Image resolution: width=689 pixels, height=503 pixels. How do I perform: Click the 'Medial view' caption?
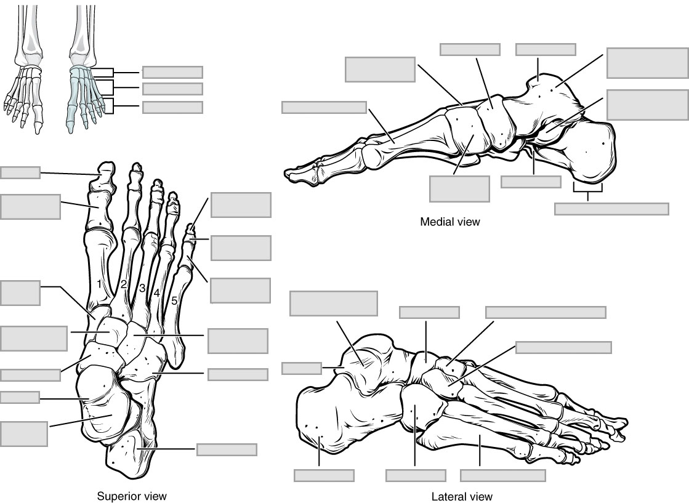pyautogui.click(x=449, y=222)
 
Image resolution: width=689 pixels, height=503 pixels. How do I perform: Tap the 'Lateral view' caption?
pyautogui.click(x=463, y=496)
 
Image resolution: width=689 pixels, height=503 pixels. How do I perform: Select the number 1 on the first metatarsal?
pyautogui.click(x=100, y=284)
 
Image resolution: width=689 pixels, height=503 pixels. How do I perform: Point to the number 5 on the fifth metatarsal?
pyautogui.click(x=174, y=301)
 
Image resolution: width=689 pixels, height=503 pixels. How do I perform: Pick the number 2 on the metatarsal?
pyautogui.click(x=124, y=284)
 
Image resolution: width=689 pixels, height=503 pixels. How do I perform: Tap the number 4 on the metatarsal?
pyautogui.click(x=157, y=294)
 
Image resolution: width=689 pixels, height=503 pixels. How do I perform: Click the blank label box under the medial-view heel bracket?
pyautogui.click(x=611, y=209)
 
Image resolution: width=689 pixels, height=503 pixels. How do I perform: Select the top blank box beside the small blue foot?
pyautogui.click(x=172, y=73)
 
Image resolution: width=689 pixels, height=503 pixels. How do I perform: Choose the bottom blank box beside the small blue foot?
pyautogui.click(x=172, y=107)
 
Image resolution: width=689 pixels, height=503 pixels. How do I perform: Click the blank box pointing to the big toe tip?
pyautogui.click(x=20, y=172)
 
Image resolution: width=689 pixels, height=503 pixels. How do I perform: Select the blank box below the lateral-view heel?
pyautogui.click(x=324, y=475)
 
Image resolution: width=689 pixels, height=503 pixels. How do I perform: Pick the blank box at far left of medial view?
pyautogui.click(x=324, y=108)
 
